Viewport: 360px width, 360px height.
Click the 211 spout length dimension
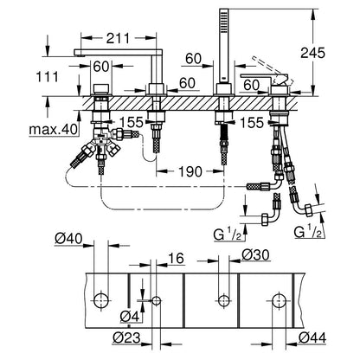click(x=119, y=38)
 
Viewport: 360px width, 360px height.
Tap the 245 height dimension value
click(x=312, y=53)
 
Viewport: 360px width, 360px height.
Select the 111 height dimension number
click(x=47, y=77)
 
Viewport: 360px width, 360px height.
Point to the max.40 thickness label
click(x=54, y=130)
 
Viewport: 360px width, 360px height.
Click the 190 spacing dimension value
click(x=190, y=172)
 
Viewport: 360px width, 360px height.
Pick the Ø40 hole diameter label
click(x=68, y=239)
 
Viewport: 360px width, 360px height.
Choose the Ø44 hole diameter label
click(x=312, y=337)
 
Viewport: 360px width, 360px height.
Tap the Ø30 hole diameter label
click(x=255, y=255)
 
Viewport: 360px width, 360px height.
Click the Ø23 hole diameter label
click(x=126, y=337)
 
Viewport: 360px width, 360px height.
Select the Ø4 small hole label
click(x=130, y=317)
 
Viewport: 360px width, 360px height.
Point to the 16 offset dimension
click(x=176, y=258)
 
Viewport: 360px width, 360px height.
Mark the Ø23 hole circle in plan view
click(x=157, y=300)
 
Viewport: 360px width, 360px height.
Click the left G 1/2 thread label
click(x=228, y=235)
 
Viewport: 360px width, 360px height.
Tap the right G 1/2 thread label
click(x=307, y=231)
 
